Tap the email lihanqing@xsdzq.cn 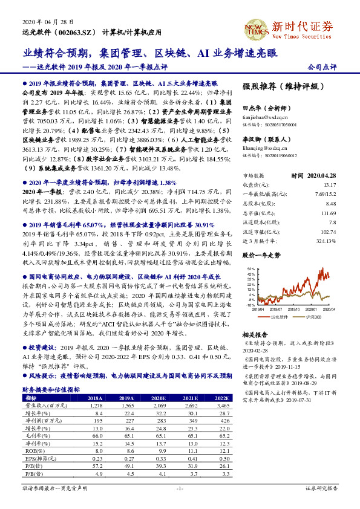(x=262, y=147)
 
